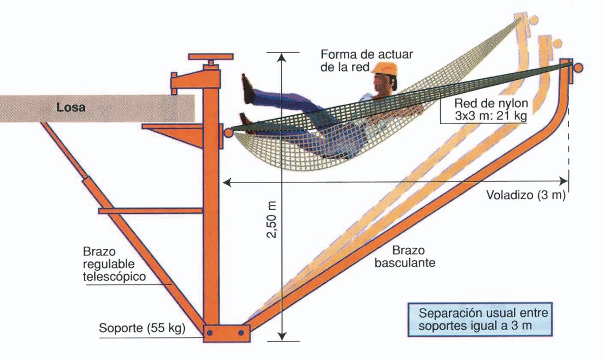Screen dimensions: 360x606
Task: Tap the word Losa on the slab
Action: [x=71, y=108]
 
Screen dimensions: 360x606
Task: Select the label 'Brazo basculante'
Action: [x=405, y=256]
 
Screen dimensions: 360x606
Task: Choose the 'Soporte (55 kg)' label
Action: [x=142, y=329]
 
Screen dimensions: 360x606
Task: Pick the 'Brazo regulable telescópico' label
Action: [x=114, y=263]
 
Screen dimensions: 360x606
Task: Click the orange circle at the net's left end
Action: [x=228, y=132]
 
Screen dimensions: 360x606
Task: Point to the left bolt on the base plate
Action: [x=210, y=333]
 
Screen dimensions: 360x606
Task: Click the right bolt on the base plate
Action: [x=241, y=333]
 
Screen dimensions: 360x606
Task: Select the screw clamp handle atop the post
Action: [x=211, y=57]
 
